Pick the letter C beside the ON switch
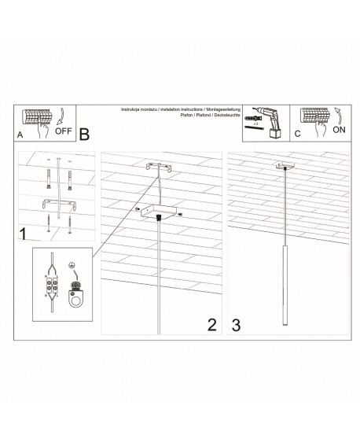coord(296,135)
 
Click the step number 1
coord(24,234)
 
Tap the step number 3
coord(235,323)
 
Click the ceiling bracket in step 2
coord(160,168)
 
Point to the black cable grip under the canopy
coord(160,216)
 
